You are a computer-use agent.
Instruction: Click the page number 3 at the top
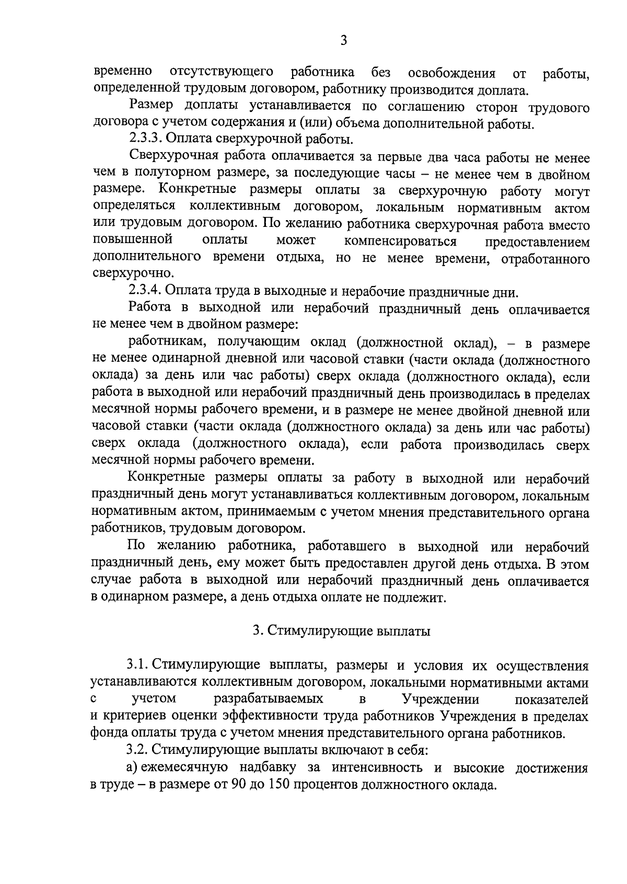click(343, 40)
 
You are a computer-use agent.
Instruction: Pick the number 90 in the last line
click(238, 785)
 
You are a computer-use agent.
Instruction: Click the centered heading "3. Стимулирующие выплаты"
click(342, 632)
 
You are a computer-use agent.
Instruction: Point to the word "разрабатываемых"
click(268, 699)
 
